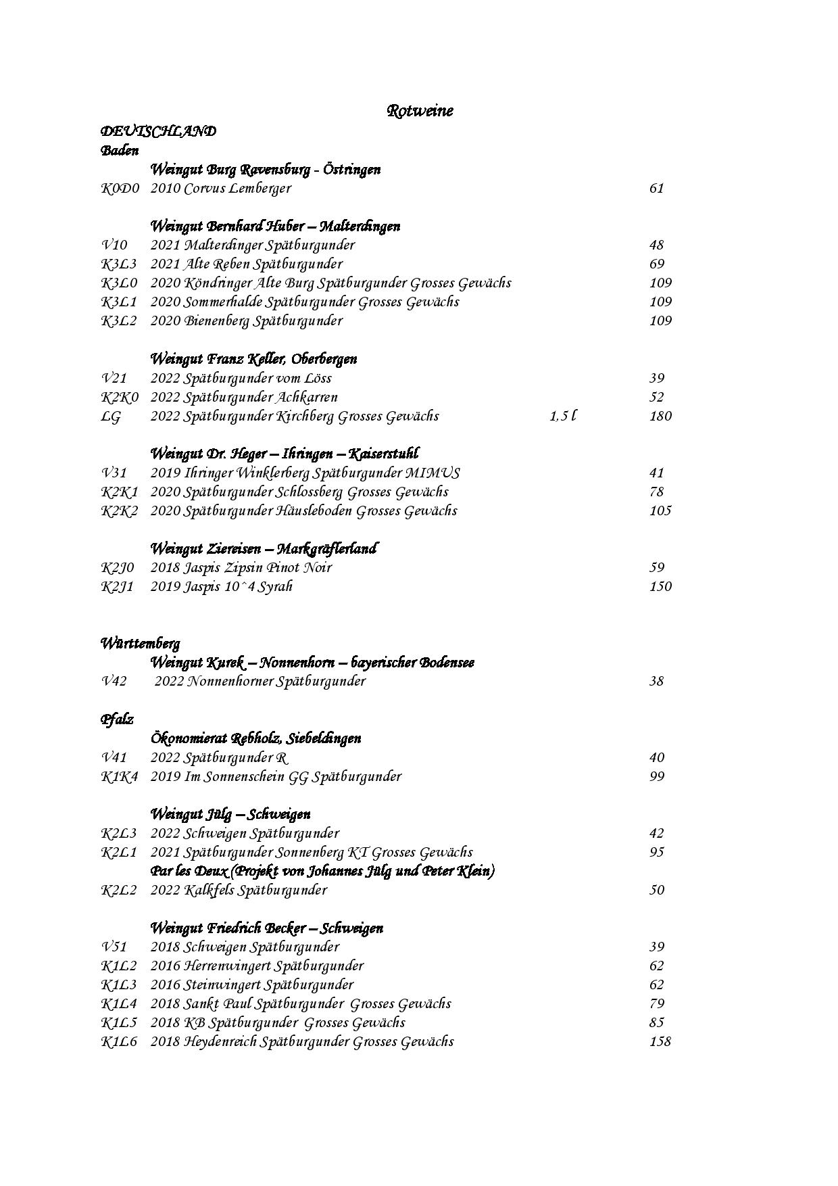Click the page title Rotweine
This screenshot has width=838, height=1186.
click(x=420, y=111)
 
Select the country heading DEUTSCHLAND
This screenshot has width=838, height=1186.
click(x=158, y=131)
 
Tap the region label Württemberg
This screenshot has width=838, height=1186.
click(x=140, y=643)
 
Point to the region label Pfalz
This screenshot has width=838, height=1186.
click(x=117, y=719)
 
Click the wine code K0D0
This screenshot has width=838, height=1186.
click(x=120, y=189)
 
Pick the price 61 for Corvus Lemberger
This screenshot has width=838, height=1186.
click(x=657, y=189)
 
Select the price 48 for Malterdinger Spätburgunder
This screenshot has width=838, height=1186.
click(x=657, y=245)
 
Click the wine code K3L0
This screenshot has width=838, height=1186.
click(x=119, y=283)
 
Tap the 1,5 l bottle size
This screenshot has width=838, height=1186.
click(x=563, y=417)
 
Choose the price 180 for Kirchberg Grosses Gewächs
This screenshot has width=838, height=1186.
click(x=660, y=417)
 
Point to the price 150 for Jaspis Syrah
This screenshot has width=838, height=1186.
click(x=660, y=587)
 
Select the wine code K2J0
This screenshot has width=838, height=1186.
click(x=118, y=568)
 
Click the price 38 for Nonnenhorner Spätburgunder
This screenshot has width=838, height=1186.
click(x=657, y=682)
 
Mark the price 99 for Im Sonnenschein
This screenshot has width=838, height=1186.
click(x=657, y=776)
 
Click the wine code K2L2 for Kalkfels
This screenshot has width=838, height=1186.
click(x=119, y=891)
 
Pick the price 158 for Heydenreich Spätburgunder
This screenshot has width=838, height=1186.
click(x=660, y=1042)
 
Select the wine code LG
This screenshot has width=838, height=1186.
click(x=111, y=417)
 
